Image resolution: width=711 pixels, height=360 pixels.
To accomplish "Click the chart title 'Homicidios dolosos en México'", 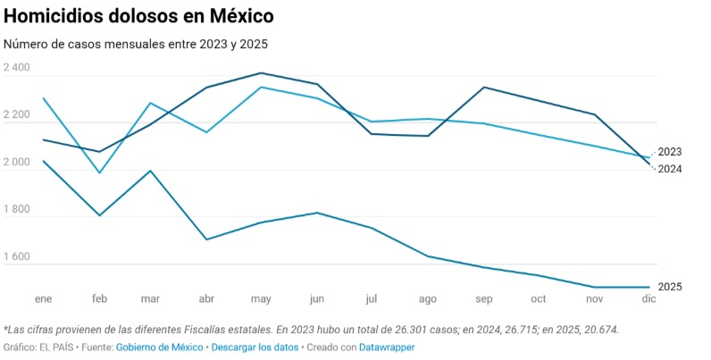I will tap(139, 16).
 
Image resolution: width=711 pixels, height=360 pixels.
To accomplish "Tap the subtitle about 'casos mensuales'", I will tap(136, 44).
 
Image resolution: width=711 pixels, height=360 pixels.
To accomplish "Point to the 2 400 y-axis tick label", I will tap(17, 69).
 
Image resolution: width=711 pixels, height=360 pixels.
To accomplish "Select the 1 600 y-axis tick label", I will tap(17, 257).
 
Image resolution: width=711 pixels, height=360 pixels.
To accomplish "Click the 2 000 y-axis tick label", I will tap(17, 163).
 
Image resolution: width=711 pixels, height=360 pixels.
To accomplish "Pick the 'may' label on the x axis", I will tap(261, 298).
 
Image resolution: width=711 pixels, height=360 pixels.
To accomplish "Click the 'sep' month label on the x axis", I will tap(484, 298).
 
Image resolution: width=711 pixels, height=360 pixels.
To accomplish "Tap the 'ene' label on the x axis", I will tap(42, 298).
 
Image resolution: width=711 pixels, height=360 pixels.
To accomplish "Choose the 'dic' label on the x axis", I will tap(648, 298).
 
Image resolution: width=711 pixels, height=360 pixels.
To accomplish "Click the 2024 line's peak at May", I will tap(260, 73).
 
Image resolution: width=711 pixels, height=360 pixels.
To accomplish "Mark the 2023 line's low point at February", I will tap(99, 172).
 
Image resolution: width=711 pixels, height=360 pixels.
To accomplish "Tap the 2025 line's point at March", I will tap(151, 171).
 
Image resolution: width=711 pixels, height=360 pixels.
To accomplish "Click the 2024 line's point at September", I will tap(484, 87).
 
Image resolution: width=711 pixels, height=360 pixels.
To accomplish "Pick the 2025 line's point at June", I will tap(315, 213).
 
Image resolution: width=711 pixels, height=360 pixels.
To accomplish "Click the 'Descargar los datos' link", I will tap(254, 347).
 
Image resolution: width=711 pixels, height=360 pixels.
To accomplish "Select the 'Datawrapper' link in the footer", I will tap(386, 347).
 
